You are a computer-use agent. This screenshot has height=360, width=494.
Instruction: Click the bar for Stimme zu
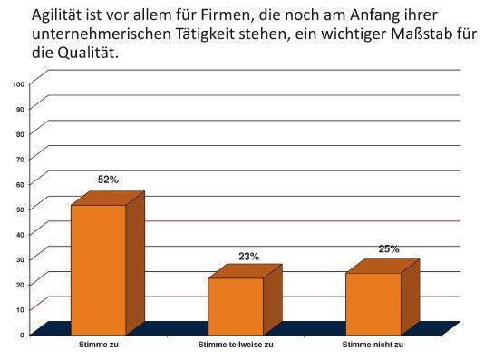[99, 269]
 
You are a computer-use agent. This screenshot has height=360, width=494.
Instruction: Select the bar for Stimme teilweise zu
[236, 306]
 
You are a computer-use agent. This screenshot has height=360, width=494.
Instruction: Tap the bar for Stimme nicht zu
[373, 303]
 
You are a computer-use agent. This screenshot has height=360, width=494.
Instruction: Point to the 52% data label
[109, 180]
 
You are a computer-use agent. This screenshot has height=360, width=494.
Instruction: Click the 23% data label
[248, 257]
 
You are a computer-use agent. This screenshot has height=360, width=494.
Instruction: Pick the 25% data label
[389, 248]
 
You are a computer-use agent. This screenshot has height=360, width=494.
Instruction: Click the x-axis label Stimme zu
[98, 345]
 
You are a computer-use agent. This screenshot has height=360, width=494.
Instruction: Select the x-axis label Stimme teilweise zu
[236, 345]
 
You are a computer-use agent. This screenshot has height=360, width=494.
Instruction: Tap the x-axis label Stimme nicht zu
[373, 345]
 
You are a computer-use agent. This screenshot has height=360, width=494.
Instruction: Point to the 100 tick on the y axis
[18, 83]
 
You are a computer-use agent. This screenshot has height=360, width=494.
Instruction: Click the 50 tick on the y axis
[20, 209]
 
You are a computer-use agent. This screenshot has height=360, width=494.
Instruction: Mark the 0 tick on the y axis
[22, 335]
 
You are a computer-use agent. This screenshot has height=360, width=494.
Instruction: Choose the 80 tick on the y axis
[20, 133]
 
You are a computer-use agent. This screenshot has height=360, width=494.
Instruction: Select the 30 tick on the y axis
[20, 259]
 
